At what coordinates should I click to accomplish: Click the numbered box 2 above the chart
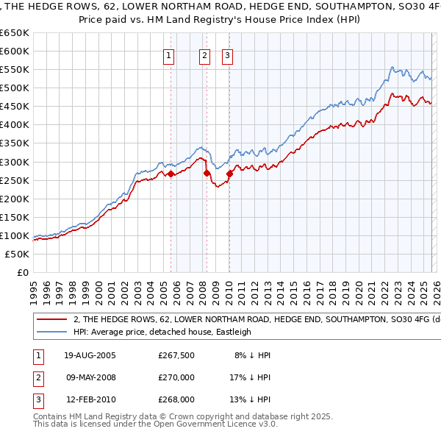(x=204, y=55)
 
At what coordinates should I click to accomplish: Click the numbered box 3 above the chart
(x=227, y=55)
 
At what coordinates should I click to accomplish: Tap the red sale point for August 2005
(x=171, y=174)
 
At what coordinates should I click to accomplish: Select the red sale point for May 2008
(x=207, y=173)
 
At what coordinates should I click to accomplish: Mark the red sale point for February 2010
(x=229, y=174)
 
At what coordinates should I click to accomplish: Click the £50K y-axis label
(x=16, y=254)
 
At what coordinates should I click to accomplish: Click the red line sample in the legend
(x=51, y=320)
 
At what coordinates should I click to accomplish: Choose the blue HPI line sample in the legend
(x=51, y=332)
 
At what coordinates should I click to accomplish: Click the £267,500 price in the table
(x=176, y=355)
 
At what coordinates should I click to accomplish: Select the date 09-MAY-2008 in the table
(x=91, y=377)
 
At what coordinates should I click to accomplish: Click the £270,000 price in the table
(x=176, y=377)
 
